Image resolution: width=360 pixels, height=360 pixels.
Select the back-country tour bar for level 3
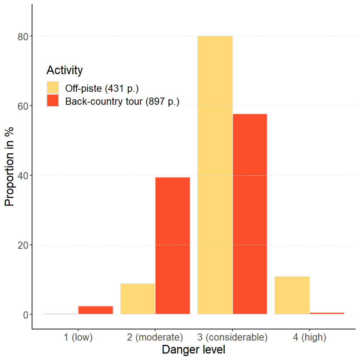point(250,214)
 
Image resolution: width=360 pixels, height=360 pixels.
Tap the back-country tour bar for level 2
point(172,246)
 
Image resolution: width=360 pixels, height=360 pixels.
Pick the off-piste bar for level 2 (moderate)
point(138,299)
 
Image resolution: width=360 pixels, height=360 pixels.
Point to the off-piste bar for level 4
point(292,295)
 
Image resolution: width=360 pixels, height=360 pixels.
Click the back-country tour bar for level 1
point(95,310)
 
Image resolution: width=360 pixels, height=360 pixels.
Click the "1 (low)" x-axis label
point(78,337)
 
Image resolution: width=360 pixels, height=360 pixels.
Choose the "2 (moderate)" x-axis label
point(155,337)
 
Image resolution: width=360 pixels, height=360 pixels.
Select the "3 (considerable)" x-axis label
point(232,337)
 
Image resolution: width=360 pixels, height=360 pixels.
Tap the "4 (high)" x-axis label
point(309,337)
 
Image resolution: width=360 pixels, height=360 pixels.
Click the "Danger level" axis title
point(194,350)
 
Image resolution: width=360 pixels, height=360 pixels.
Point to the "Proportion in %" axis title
point(10,166)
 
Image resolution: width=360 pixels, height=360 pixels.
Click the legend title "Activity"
point(64,70)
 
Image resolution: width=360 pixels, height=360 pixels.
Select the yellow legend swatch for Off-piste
point(53,87)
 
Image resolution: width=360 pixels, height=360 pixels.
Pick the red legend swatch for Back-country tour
point(53,101)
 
